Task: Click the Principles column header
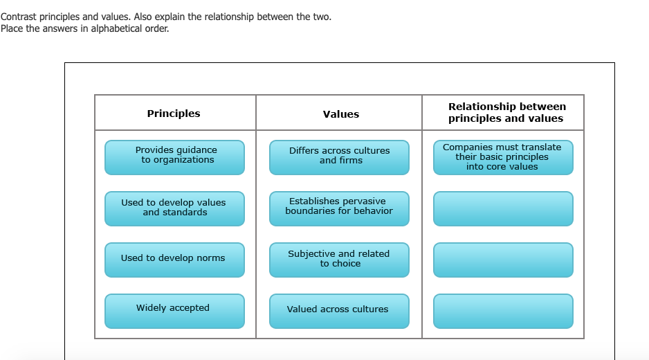pyautogui.click(x=174, y=114)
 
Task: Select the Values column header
pyautogui.click(x=340, y=114)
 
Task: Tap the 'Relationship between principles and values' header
pyautogui.click(x=506, y=112)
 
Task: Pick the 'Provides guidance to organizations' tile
pyautogui.click(x=174, y=157)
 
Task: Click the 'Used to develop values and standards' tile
pyautogui.click(x=174, y=209)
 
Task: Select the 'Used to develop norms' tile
pyautogui.click(x=174, y=260)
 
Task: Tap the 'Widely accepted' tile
pyautogui.click(x=174, y=311)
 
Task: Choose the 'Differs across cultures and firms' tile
pyautogui.click(x=340, y=157)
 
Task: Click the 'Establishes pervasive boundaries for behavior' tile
pyautogui.click(x=340, y=209)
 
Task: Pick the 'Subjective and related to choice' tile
pyautogui.click(x=340, y=260)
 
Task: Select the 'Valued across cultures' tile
pyautogui.click(x=340, y=311)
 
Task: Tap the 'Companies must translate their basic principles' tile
pyautogui.click(x=503, y=157)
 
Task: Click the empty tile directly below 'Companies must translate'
pyautogui.click(x=503, y=209)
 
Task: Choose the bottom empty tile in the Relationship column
pyautogui.click(x=503, y=311)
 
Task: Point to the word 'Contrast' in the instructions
pyautogui.click(x=19, y=17)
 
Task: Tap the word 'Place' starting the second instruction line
pyautogui.click(x=12, y=28)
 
